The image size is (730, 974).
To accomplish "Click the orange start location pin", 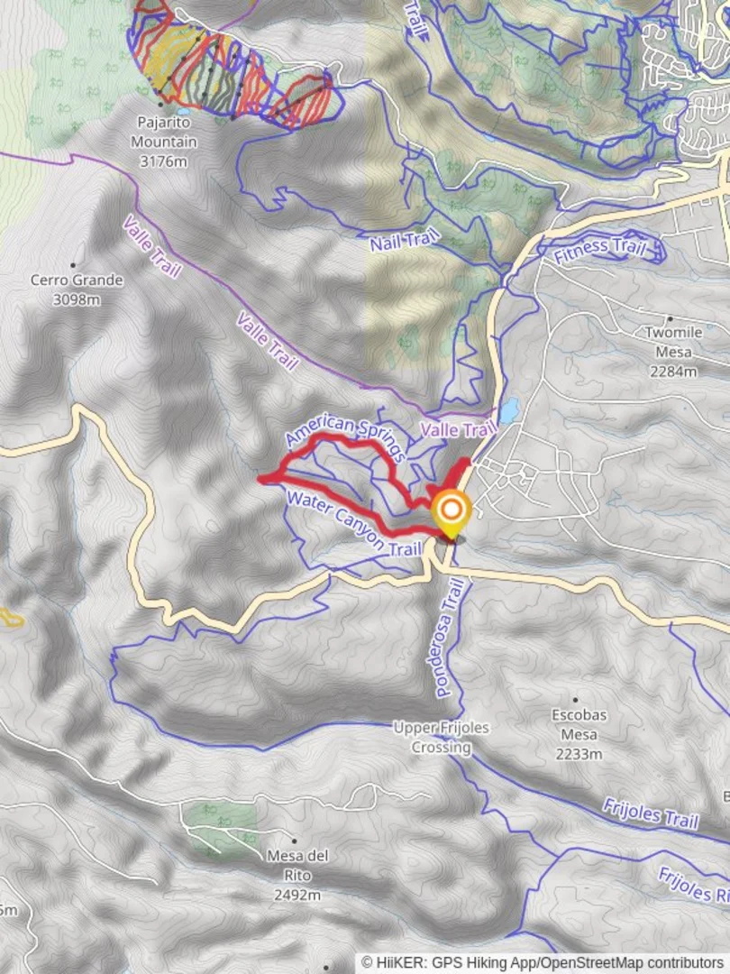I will [451, 510].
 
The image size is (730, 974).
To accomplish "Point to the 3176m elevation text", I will [163, 161].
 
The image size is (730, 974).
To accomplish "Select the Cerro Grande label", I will [77, 280].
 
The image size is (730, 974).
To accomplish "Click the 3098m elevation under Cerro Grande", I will [77, 299].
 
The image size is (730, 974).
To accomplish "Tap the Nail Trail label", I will [405, 240].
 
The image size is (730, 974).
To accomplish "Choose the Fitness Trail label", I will [600, 250].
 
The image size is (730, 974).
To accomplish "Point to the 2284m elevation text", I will [673, 371].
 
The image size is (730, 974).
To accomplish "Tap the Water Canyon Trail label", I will [353, 523].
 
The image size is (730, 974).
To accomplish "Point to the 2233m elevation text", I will [579, 754].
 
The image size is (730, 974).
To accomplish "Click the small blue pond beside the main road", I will [509, 411].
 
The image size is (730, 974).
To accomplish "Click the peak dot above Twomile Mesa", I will [671, 318].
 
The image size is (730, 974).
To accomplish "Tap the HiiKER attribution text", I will [543, 962].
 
